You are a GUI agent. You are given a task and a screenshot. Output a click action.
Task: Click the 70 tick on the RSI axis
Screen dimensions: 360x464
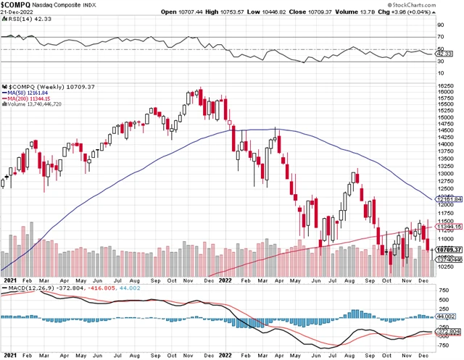coord(442,36)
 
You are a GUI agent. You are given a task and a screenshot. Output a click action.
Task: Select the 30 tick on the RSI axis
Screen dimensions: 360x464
coord(442,62)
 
